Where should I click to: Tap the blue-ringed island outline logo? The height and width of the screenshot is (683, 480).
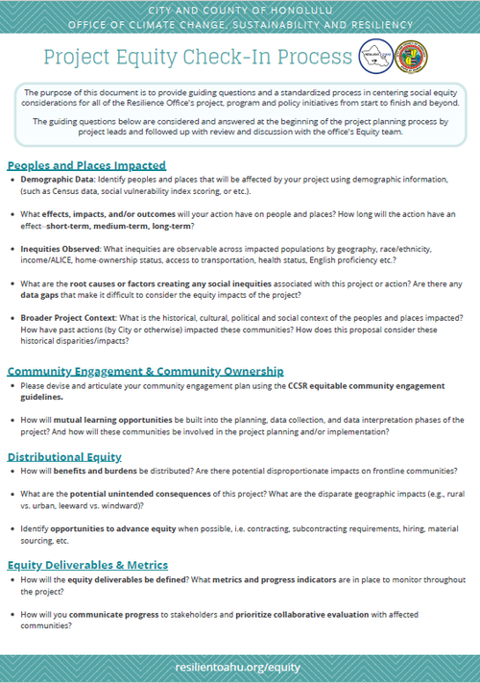coord(375,56)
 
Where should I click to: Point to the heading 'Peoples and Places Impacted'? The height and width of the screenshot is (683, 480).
coord(86,165)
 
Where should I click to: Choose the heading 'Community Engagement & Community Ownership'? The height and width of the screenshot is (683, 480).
coord(145,370)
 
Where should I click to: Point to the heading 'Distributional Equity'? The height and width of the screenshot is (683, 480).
coord(64,456)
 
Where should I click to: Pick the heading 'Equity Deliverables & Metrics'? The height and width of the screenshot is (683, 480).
coord(87,564)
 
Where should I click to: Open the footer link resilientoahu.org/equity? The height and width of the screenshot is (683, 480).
coord(239,665)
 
